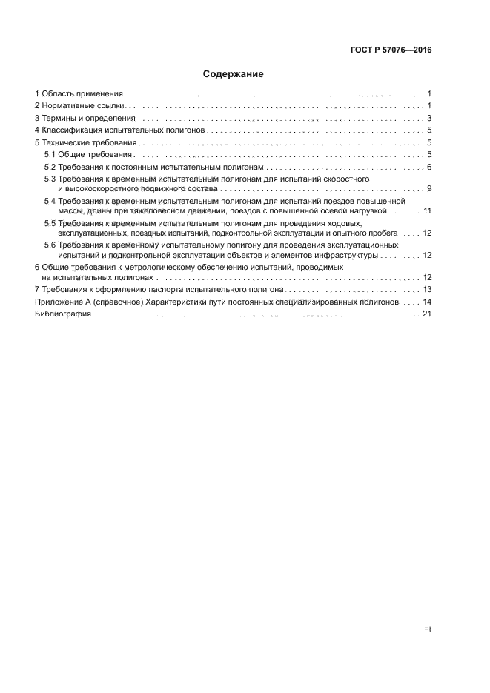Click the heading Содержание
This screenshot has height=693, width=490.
pos(233,74)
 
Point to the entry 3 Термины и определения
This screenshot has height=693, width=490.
pos(85,118)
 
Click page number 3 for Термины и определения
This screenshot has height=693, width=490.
pos(429,118)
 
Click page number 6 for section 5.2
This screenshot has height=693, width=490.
pos(429,167)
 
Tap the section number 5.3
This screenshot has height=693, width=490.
pos(50,179)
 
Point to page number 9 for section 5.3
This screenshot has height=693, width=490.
pos(429,189)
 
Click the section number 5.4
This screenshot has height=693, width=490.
pos(50,201)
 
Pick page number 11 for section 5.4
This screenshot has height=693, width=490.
pos(427,211)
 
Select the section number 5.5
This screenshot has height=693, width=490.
pos(50,223)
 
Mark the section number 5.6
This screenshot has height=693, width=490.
pos(50,245)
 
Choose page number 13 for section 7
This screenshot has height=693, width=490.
pos(427,289)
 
